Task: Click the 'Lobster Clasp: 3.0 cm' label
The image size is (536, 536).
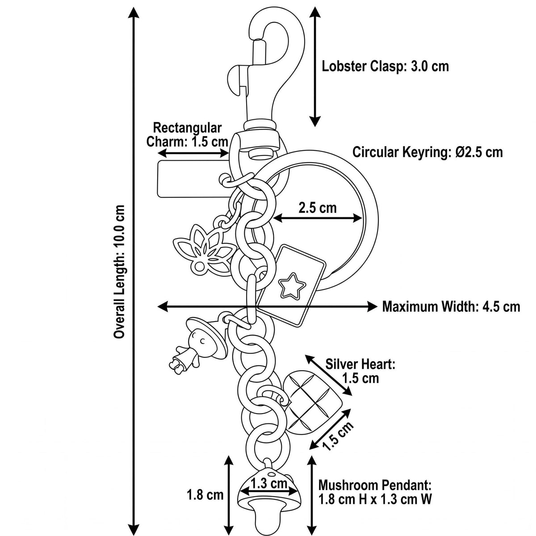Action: pos(385,67)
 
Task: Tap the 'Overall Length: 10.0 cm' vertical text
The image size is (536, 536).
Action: pos(119,272)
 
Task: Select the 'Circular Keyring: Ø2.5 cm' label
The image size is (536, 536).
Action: pos(428,152)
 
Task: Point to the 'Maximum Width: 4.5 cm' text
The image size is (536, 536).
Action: pos(451,306)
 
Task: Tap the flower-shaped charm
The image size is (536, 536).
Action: pos(204,247)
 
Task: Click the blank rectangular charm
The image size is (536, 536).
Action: pos(193,179)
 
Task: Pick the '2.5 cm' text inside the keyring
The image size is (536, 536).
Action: pos(318,208)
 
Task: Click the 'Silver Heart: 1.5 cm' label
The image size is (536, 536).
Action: pos(360,371)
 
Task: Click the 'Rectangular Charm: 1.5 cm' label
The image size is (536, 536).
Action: pos(187,135)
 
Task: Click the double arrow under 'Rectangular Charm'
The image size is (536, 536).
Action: pos(193,153)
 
